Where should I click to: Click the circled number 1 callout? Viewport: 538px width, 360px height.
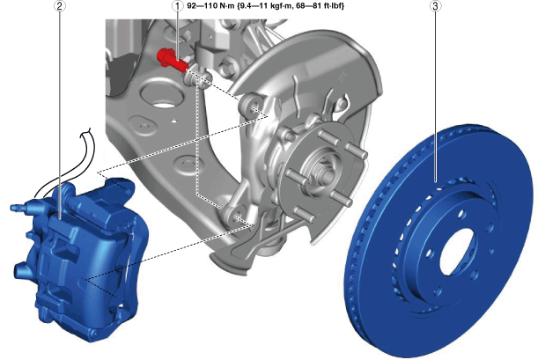click(177, 6)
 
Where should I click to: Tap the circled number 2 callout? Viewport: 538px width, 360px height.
click(60, 6)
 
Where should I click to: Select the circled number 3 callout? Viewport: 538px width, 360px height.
click(436, 6)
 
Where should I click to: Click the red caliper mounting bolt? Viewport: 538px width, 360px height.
click(171, 61)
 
